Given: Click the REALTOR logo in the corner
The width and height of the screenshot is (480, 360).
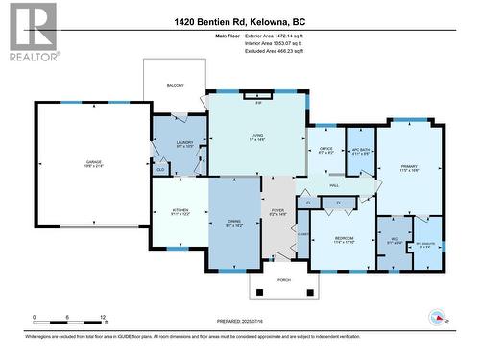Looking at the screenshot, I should pos(31,33).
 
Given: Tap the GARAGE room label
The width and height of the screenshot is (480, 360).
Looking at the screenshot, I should pos(93,162).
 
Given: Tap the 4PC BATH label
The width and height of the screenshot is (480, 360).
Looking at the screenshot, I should pos(360,149).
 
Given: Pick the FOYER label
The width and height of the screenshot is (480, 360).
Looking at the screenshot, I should pos(277,211).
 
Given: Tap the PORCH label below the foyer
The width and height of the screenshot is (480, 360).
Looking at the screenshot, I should pos(283,279).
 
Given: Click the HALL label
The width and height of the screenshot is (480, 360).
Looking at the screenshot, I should pos(334,185).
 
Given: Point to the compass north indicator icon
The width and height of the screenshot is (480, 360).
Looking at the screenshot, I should pos(438,318).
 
